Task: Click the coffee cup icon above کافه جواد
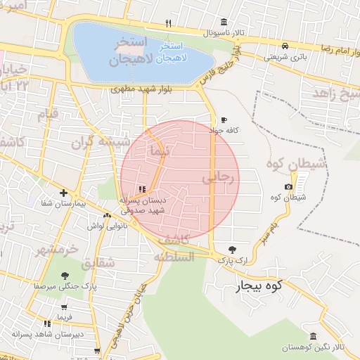pos(224,120)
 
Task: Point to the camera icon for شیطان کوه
pos(288,186)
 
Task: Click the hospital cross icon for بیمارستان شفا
pos(64,193)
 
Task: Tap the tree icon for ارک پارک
pos(233,249)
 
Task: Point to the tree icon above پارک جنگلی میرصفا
pos(65,276)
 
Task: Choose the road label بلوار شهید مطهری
pos(152,90)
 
